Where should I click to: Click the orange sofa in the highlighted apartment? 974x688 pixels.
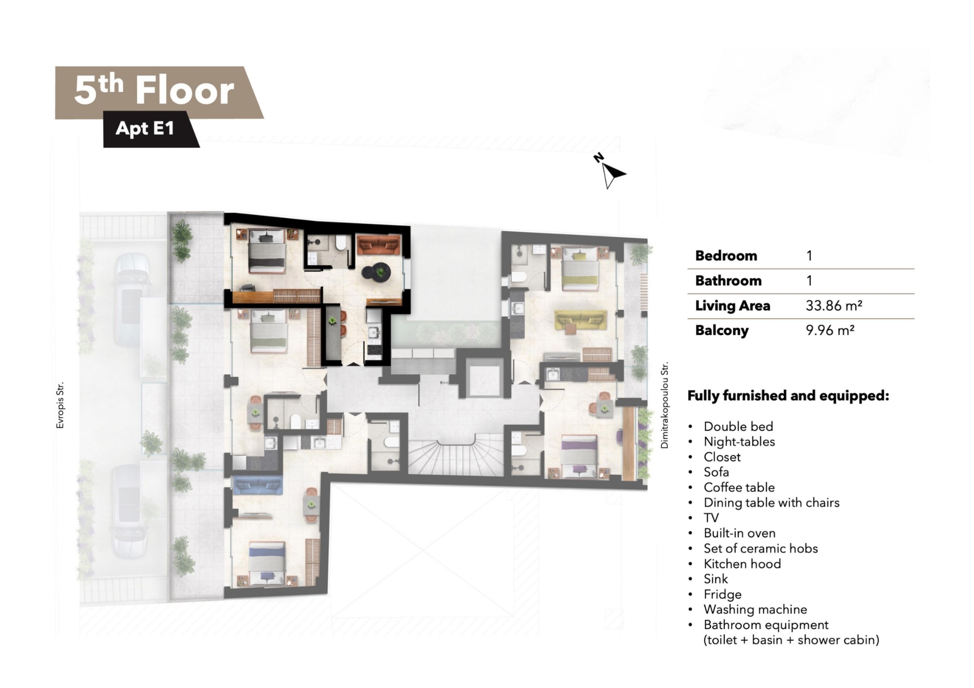point(378,245)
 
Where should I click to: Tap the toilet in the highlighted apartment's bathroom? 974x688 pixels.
point(340,242)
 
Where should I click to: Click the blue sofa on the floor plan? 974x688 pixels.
point(257,485)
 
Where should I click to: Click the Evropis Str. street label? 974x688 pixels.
point(60,406)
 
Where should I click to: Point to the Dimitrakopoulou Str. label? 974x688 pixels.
point(664,405)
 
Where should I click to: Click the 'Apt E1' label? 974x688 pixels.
point(145,128)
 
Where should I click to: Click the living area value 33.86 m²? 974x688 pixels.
point(834,305)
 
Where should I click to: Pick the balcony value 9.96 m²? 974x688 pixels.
point(830,330)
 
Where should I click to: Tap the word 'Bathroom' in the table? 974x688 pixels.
point(728,281)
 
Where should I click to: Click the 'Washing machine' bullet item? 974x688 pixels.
point(755,609)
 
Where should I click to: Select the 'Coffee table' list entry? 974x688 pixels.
point(739,487)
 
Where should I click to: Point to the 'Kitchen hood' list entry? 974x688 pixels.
point(742,563)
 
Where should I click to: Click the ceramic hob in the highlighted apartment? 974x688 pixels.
point(374,351)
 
